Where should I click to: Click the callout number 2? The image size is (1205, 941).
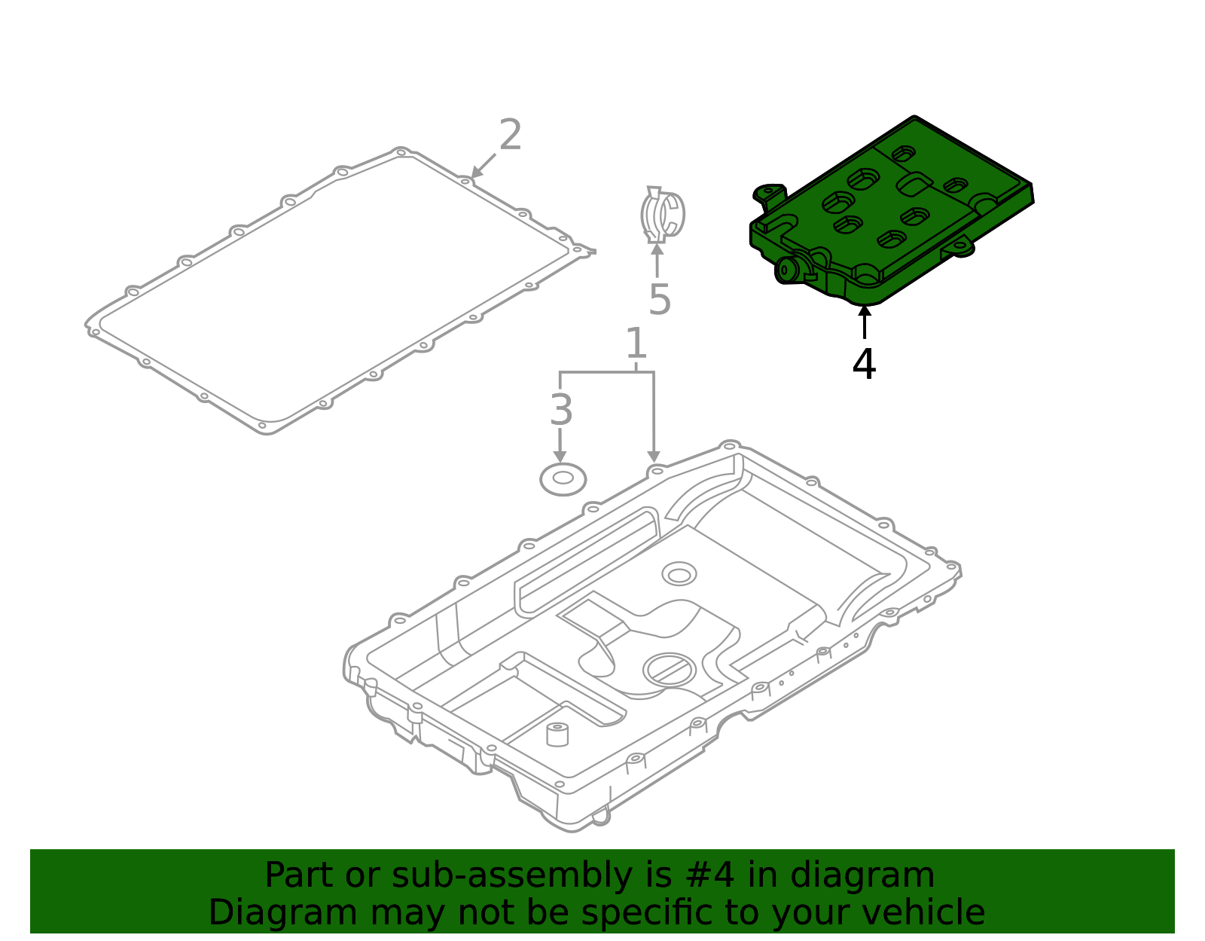pos(510,136)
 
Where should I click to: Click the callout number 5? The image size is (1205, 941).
pos(659,300)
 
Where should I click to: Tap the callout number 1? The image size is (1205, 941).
pos(636,344)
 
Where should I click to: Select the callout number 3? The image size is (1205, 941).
pos(561,411)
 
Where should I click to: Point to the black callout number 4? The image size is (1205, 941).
pos(864,365)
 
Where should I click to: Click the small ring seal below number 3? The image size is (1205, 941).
pos(563,479)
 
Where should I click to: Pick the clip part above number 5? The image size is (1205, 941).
pos(662,215)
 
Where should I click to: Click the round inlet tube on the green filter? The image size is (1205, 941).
pos(788,270)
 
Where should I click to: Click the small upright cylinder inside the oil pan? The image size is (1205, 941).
pos(557,734)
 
